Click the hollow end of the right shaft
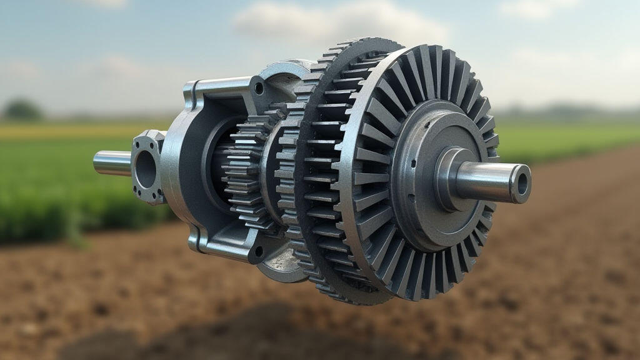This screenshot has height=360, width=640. [x=520, y=183]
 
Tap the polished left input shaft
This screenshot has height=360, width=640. [x=111, y=163]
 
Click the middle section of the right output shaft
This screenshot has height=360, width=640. [x=484, y=182]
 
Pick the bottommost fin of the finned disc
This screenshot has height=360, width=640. [x=416, y=284]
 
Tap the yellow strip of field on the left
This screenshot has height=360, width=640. [x=62, y=130]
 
